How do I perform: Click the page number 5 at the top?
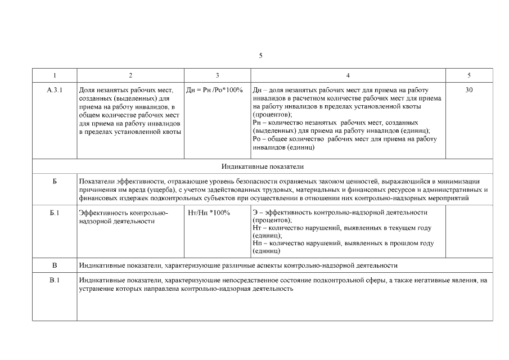pyautogui.click(x=260, y=55)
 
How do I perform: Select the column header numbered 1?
pyautogui.click(x=55, y=75)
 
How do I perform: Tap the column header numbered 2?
pyautogui.click(x=130, y=75)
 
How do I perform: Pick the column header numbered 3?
pyautogui.click(x=217, y=75)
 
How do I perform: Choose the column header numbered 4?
pyautogui.click(x=348, y=75)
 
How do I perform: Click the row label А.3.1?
pyautogui.click(x=55, y=90)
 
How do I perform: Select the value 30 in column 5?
pyautogui.click(x=469, y=90)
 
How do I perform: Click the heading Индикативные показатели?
pyautogui.click(x=262, y=167)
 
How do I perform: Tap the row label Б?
pyautogui.click(x=55, y=182)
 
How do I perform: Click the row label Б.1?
pyautogui.click(x=55, y=213)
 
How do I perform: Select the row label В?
pyautogui.click(x=55, y=264)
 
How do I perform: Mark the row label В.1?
pyautogui.click(x=55, y=280)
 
